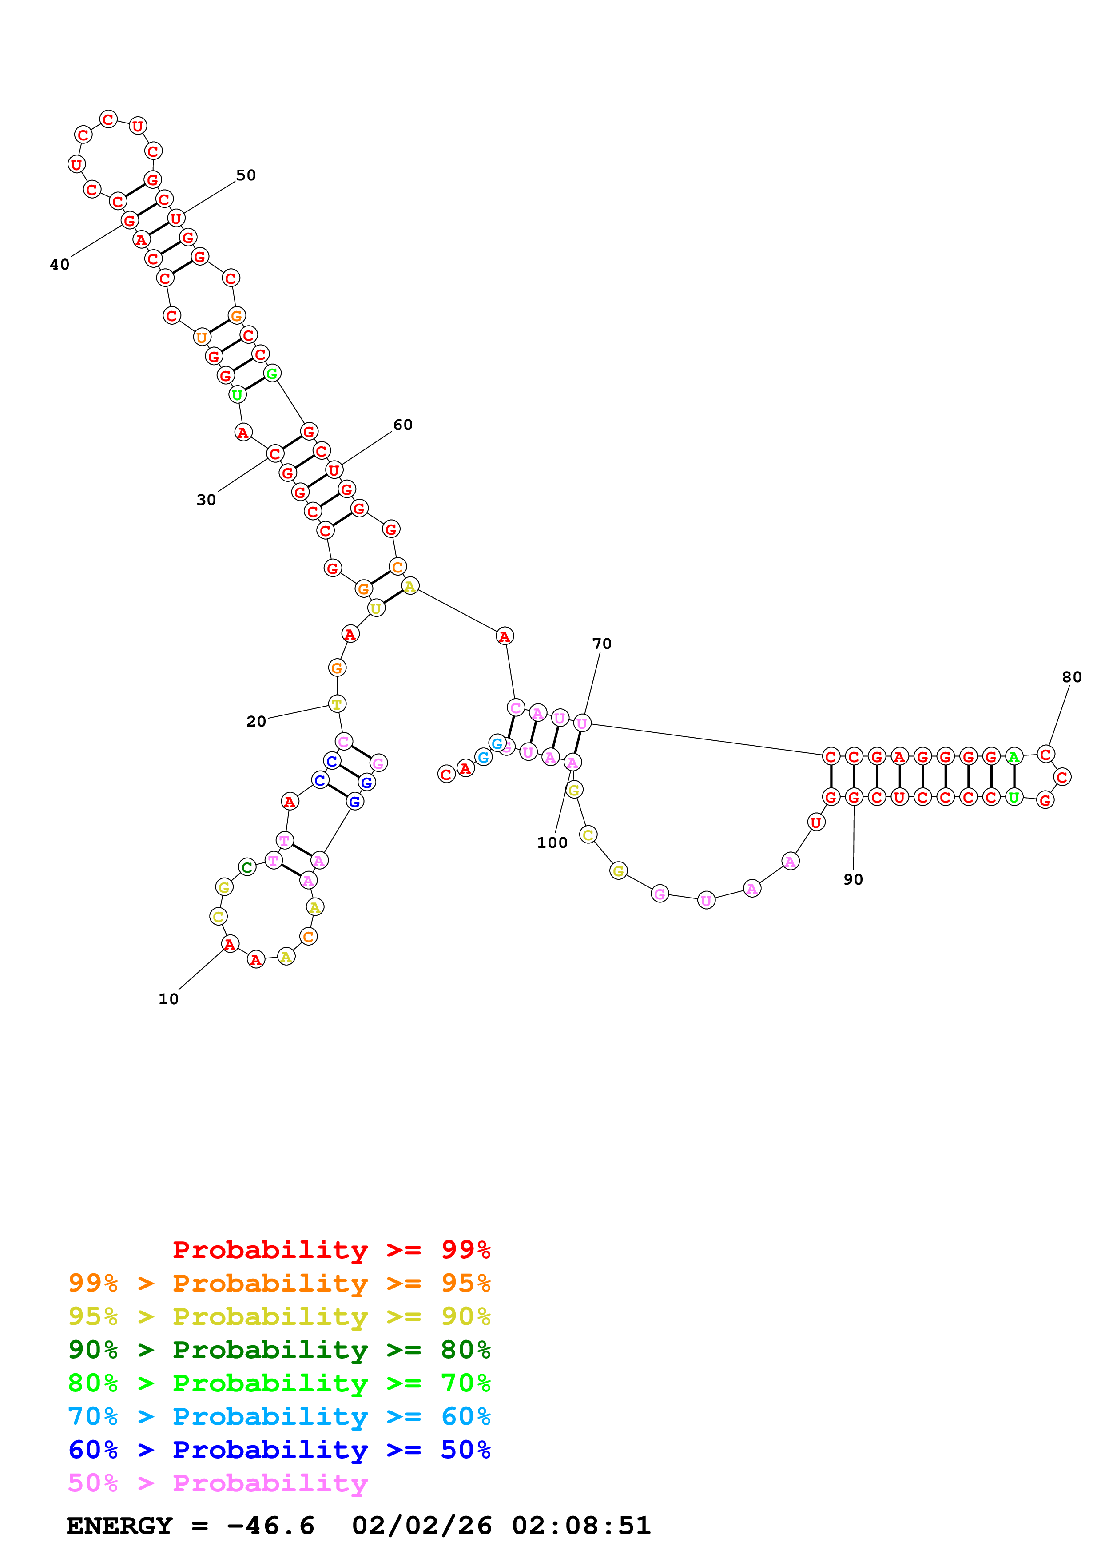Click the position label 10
click(168, 999)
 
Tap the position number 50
click(246, 175)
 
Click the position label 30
click(206, 500)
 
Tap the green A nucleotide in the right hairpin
click(1014, 756)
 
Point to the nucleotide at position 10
click(230, 943)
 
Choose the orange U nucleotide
click(202, 337)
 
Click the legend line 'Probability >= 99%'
click(331, 1249)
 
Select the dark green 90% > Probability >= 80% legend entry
click(279, 1350)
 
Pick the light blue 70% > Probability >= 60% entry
click(279, 1416)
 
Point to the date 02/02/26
click(421, 1526)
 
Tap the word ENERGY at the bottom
click(119, 1526)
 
